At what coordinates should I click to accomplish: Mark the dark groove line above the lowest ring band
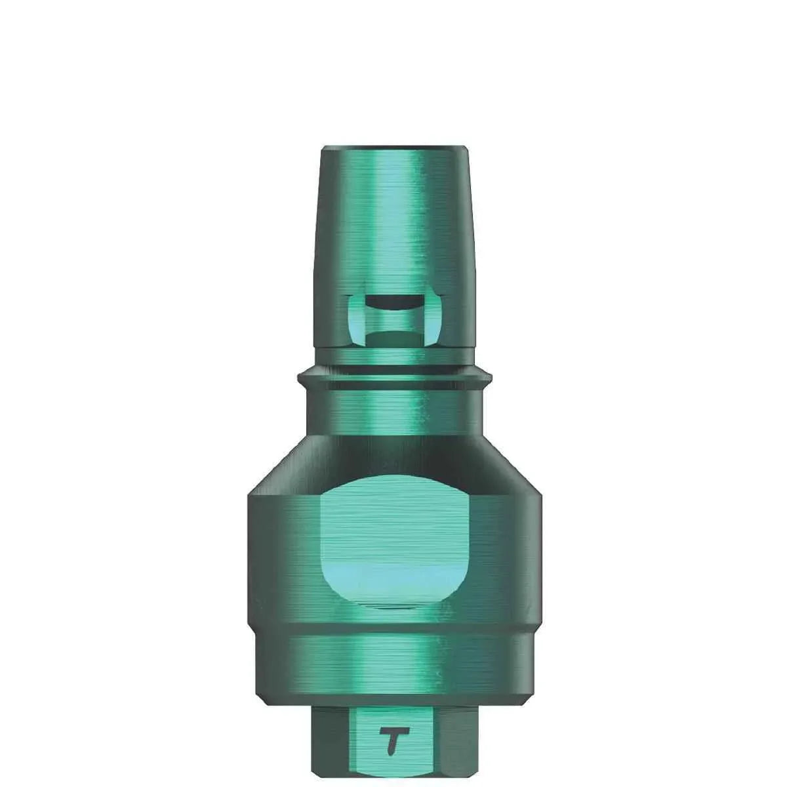coord(393,628)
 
